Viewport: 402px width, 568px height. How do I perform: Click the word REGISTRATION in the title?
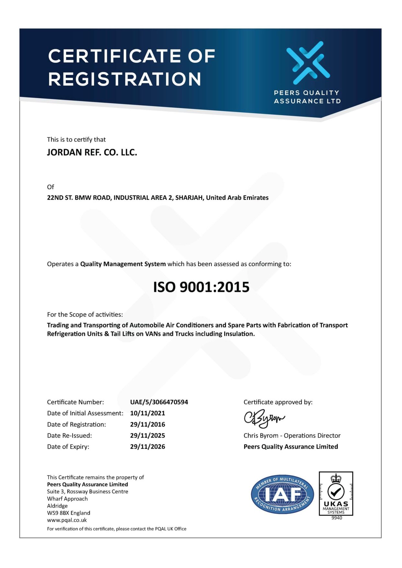[x=125, y=79]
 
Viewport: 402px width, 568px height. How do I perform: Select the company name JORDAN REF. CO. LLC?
[x=92, y=152]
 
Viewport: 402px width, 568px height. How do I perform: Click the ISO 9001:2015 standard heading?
[x=201, y=287]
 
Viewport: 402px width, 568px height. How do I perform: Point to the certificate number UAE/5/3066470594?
[x=159, y=402]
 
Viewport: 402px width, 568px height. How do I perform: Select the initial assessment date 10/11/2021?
[x=147, y=413]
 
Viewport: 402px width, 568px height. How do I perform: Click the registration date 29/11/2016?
[x=147, y=424]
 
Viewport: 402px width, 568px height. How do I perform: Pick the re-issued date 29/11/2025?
[x=147, y=435]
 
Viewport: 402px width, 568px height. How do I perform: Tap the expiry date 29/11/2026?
[x=147, y=447]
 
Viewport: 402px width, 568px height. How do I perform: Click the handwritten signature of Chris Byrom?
[x=264, y=419]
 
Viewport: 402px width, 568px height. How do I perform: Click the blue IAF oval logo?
[x=282, y=495]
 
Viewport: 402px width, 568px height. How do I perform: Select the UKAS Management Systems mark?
[x=336, y=494]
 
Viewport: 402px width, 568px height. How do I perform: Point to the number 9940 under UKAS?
[x=337, y=518]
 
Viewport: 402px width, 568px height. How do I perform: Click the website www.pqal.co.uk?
[x=67, y=520]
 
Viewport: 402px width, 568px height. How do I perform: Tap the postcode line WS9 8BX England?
[x=69, y=513]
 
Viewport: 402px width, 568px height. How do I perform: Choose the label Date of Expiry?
[x=68, y=447]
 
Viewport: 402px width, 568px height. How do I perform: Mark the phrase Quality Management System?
[x=123, y=264]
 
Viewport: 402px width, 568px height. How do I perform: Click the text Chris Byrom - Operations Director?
[x=292, y=435]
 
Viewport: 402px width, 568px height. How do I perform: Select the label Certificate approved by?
[x=278, y=402]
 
